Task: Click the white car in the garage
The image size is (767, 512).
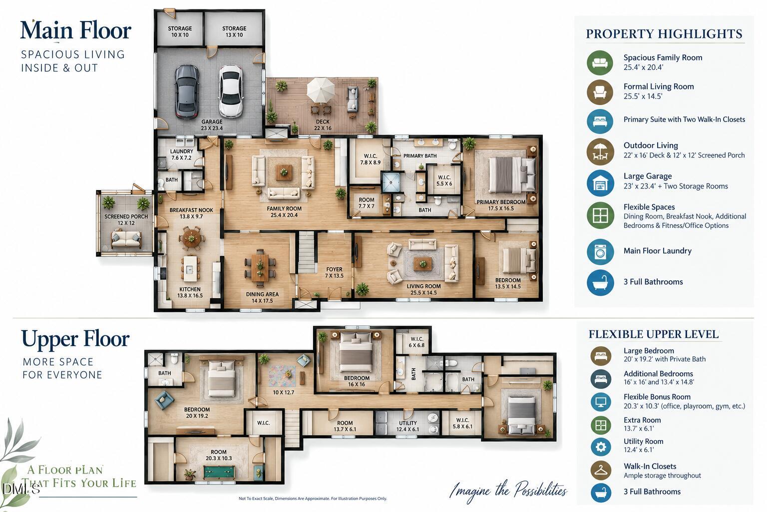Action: tap(231, 91)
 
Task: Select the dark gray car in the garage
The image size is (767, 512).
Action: tap(187, 91)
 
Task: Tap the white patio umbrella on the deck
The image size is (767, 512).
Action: tap(321, 90)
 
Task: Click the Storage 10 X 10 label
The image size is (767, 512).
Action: tap(180, 31)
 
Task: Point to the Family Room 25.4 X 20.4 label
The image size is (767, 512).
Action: tap(284, 211)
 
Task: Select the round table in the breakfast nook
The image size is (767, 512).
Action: tap(192, 237)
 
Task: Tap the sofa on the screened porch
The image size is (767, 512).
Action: tap(126, 238)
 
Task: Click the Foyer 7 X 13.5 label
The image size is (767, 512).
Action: tap(334, 272)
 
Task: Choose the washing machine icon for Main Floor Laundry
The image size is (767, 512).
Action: tap(600, 252)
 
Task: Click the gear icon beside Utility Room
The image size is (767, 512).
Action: tap(601, 446)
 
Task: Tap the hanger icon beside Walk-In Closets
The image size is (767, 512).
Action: tap(601, 470)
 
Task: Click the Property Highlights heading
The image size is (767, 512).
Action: tap(664, 34)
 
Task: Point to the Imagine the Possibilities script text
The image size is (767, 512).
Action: tap(508, 490)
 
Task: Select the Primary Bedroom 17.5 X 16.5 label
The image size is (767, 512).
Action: tap(501, 205)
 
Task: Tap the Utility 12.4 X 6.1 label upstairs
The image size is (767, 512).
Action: tap(407, 426)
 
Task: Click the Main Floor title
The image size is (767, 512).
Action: tap(76, 30)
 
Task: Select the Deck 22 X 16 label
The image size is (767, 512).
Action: tap(323, 125)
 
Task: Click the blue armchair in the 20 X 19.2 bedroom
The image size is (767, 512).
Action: tap(164, 400)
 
